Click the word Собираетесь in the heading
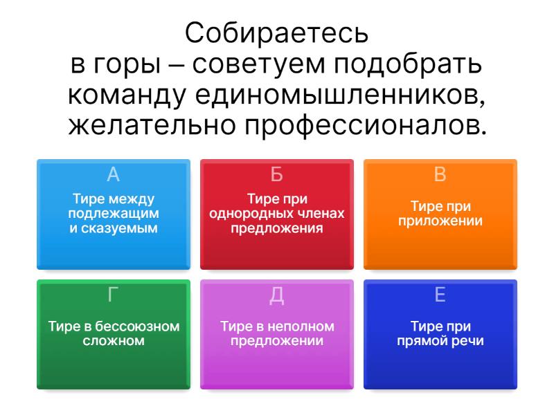coord(276,33)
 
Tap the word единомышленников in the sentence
coord(340,95)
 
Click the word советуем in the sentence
coord(258,65)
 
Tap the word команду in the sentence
coord(127,96)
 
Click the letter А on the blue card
coord(114,174)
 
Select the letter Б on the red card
coord(276,174)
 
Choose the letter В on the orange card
coord(440,174)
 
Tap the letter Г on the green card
coord(112,295)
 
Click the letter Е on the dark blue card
coord(440,295)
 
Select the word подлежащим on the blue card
coord(114,214)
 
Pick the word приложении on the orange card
coord(440,221)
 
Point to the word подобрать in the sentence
coord(408,65)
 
